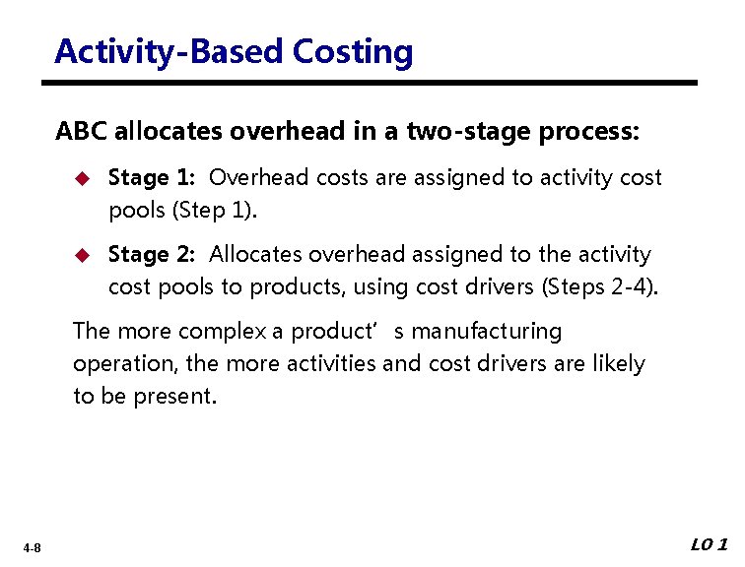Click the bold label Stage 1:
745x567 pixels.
[152, 178]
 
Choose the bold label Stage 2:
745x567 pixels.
[152, 255]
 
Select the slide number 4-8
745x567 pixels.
[33, 548]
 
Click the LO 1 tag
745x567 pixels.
[709, 544]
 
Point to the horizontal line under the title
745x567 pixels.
[374, 83]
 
